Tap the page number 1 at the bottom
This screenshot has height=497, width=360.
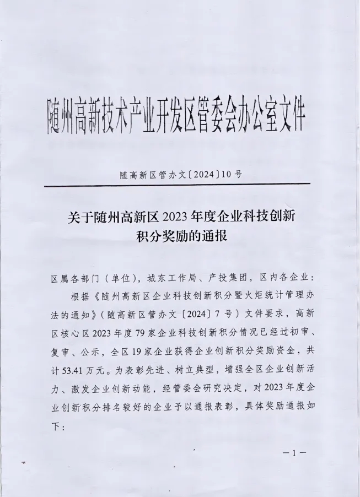(295, 453)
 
